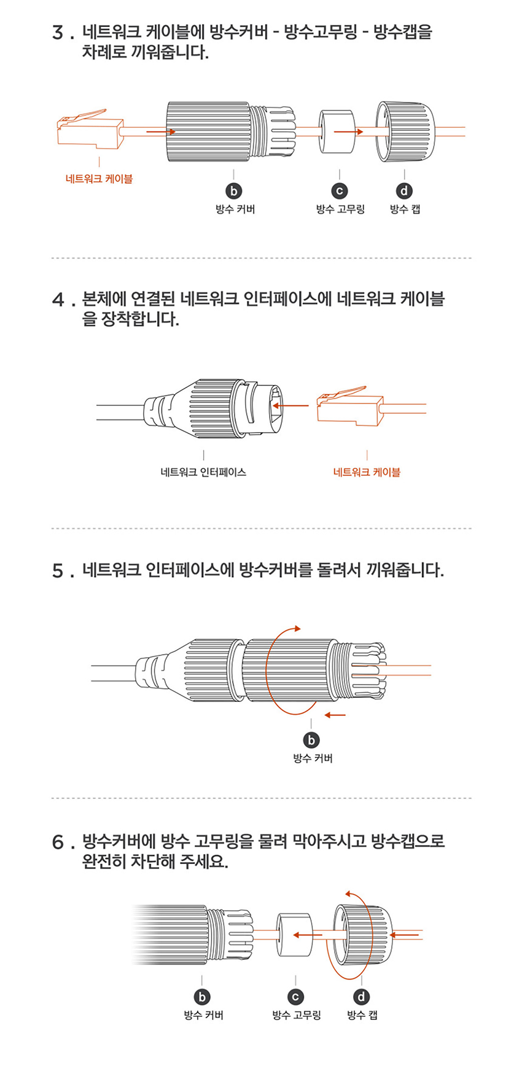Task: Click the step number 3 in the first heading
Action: (59, 33)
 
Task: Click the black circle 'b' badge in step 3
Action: (234, 191)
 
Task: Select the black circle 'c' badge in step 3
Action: (340, 191)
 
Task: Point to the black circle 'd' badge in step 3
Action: (405, 191)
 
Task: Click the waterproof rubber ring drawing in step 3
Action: (337, 132)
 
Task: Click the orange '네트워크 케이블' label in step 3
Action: (99, 179)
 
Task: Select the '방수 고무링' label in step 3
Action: (340, 210)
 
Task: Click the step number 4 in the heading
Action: (59, 301)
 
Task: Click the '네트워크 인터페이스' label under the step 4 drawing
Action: (203, 473)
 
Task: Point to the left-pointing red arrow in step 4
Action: (290, 406)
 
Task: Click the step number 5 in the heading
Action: (59, 572)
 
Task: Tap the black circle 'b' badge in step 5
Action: (312, 740)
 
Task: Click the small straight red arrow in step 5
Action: (335, 715)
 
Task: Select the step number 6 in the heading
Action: (59, 842)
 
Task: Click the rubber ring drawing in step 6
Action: (294, 936)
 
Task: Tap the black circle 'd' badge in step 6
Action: (362, 997)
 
